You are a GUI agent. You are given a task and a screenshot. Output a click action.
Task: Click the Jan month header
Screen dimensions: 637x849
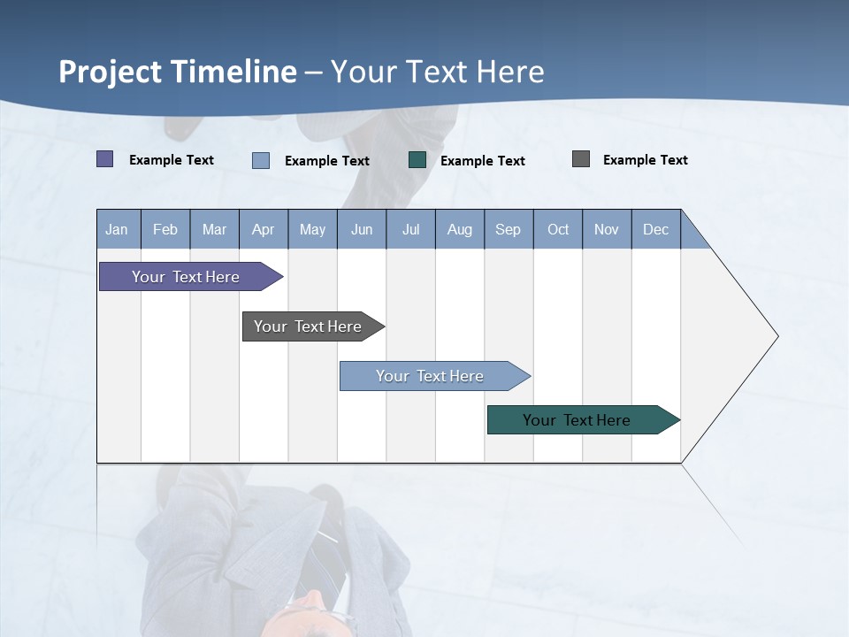117,229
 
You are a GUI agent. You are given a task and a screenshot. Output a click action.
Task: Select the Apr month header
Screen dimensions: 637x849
264,229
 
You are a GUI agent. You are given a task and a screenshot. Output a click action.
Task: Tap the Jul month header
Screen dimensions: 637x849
410,229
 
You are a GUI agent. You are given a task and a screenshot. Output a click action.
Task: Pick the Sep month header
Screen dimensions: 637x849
508,229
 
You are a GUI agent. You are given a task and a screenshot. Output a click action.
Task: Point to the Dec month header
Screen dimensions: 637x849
655,229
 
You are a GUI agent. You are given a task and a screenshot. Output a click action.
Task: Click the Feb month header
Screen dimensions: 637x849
165,229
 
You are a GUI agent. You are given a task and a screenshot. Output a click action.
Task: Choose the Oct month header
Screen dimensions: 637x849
558,229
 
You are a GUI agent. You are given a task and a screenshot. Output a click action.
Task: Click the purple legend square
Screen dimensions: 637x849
104,159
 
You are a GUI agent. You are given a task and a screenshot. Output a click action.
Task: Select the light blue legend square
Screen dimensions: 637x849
261,160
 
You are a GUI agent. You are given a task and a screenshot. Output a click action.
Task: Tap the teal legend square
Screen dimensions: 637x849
417,160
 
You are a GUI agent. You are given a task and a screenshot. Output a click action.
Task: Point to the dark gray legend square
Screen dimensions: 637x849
581,159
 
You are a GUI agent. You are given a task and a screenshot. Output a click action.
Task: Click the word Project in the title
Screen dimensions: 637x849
110,71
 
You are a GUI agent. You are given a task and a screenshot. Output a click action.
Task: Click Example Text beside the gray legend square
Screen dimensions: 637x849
645,160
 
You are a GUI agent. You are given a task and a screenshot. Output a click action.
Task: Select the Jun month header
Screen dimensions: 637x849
362,229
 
